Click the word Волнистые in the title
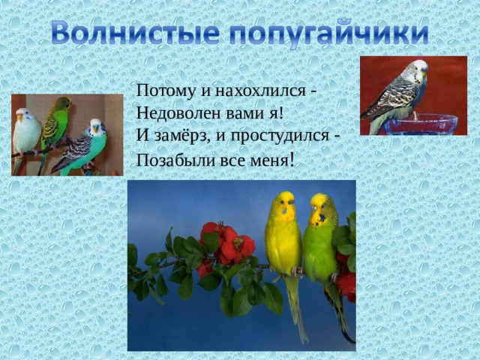pyautogui.click(x=135, y=33)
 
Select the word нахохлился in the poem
pyautogui.click(x=260, y=91)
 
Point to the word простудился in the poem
pyautogui.click(x=280, y=136)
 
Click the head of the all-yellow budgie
pyautogui.click(x=284, y=205)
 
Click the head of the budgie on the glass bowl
pyautogui.click(x=416, y=71)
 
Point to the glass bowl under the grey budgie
pyautogui.click(x=421, y=124)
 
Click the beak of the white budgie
pyautogui.click(x=20, y=118)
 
